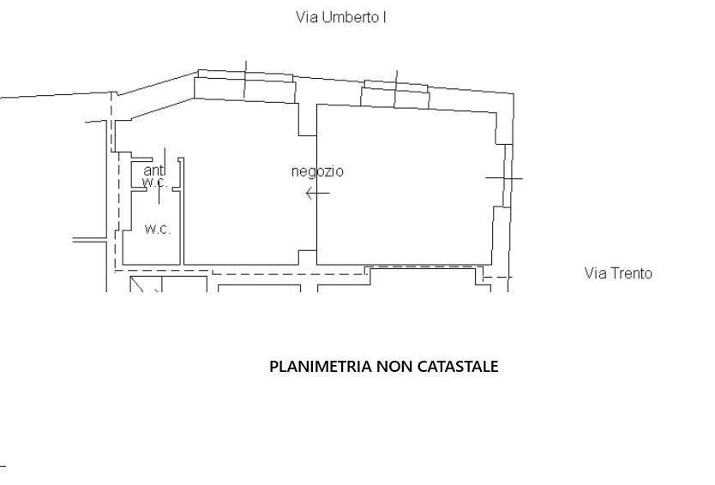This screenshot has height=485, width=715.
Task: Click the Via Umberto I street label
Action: click(x=341, y=17)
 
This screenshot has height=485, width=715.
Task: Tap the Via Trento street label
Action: click(x=618, y=273)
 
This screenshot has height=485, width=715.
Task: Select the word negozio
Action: click(x=317, y=171)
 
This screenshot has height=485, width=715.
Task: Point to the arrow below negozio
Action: click(x=317, y=194)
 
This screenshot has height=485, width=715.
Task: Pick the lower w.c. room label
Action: click(x=158, y=229)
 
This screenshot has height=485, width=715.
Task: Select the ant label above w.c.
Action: click(x=153, y=171)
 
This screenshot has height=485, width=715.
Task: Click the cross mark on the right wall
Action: click(x=504, y=177)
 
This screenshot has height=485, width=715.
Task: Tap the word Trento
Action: click(x=631, y=273)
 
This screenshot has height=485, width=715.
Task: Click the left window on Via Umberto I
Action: click(x=245, y=87)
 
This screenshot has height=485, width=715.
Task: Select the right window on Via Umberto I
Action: click(x=395, y=94)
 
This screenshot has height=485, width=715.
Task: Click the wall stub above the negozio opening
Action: click(x=307, y=120)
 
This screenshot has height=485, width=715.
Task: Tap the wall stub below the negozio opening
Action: click(x=307, y=257)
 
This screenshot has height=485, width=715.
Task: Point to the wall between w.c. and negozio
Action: click(x=182, y=211)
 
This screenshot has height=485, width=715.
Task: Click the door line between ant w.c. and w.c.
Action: click(x=159, y=195)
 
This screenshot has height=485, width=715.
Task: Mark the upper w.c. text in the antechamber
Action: click(x=155, y=183)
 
